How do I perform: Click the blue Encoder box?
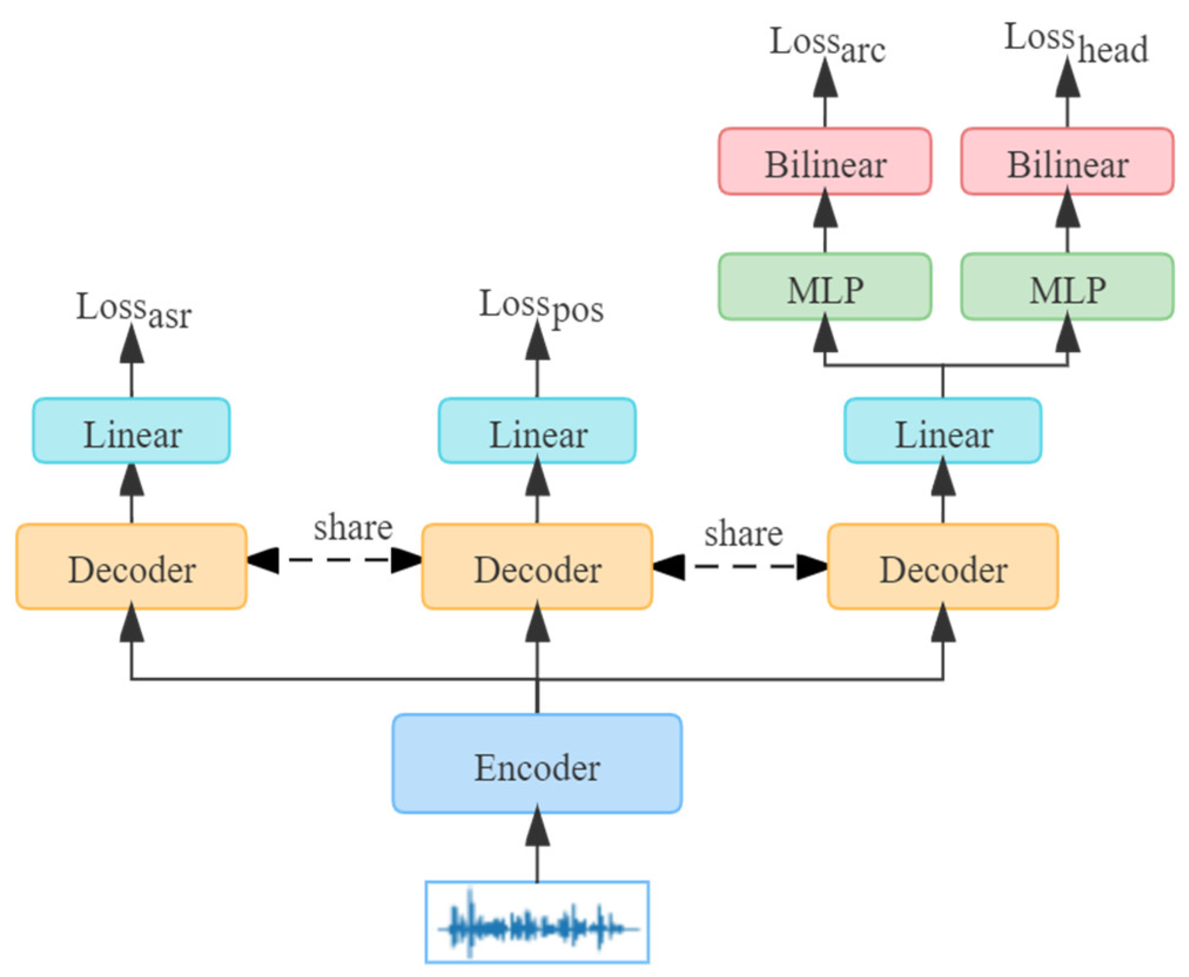pyautogui.click(x=537, y=763)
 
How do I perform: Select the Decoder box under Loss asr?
pyautogui.click(x=131, y=566)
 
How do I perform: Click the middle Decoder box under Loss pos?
pyautogui.click(x=537, y=566)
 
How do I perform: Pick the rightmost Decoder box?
pyautogui.click(x=942, y=566)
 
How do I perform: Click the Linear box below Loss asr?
pyautogui.click(x=131, y=431)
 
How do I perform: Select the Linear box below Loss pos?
pyautogui.click(x=537, y=431)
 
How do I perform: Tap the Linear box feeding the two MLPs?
pyautogui.click(x=942, y=431)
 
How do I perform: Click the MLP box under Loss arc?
pyautogui.click(x=824, y=287)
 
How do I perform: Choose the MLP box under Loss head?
pyautogui.click(x=1067, y=287)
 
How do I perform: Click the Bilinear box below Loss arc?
pyautogui.click(x=824, y=161)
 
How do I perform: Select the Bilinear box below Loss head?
pyautogui.click(x=1067, y=161)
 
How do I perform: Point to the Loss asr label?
pyautogui.click(x=134, y=310)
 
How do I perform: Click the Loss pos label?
pyautogui.click(x=540, y=307)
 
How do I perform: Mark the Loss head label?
pyautogui.click(x=1076, y=42)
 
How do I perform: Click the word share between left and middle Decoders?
pyautogui.click(x=352, y=527)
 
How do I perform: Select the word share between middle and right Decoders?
pyautogui.click(x=743, y=533)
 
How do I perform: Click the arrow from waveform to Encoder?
pyautogui.click(x=537, y=846)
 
